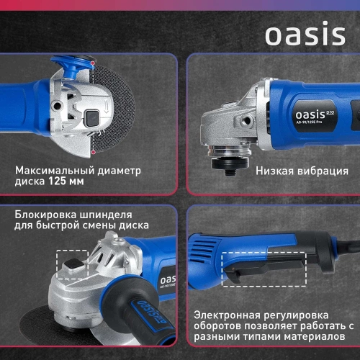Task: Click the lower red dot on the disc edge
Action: (92, 153)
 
